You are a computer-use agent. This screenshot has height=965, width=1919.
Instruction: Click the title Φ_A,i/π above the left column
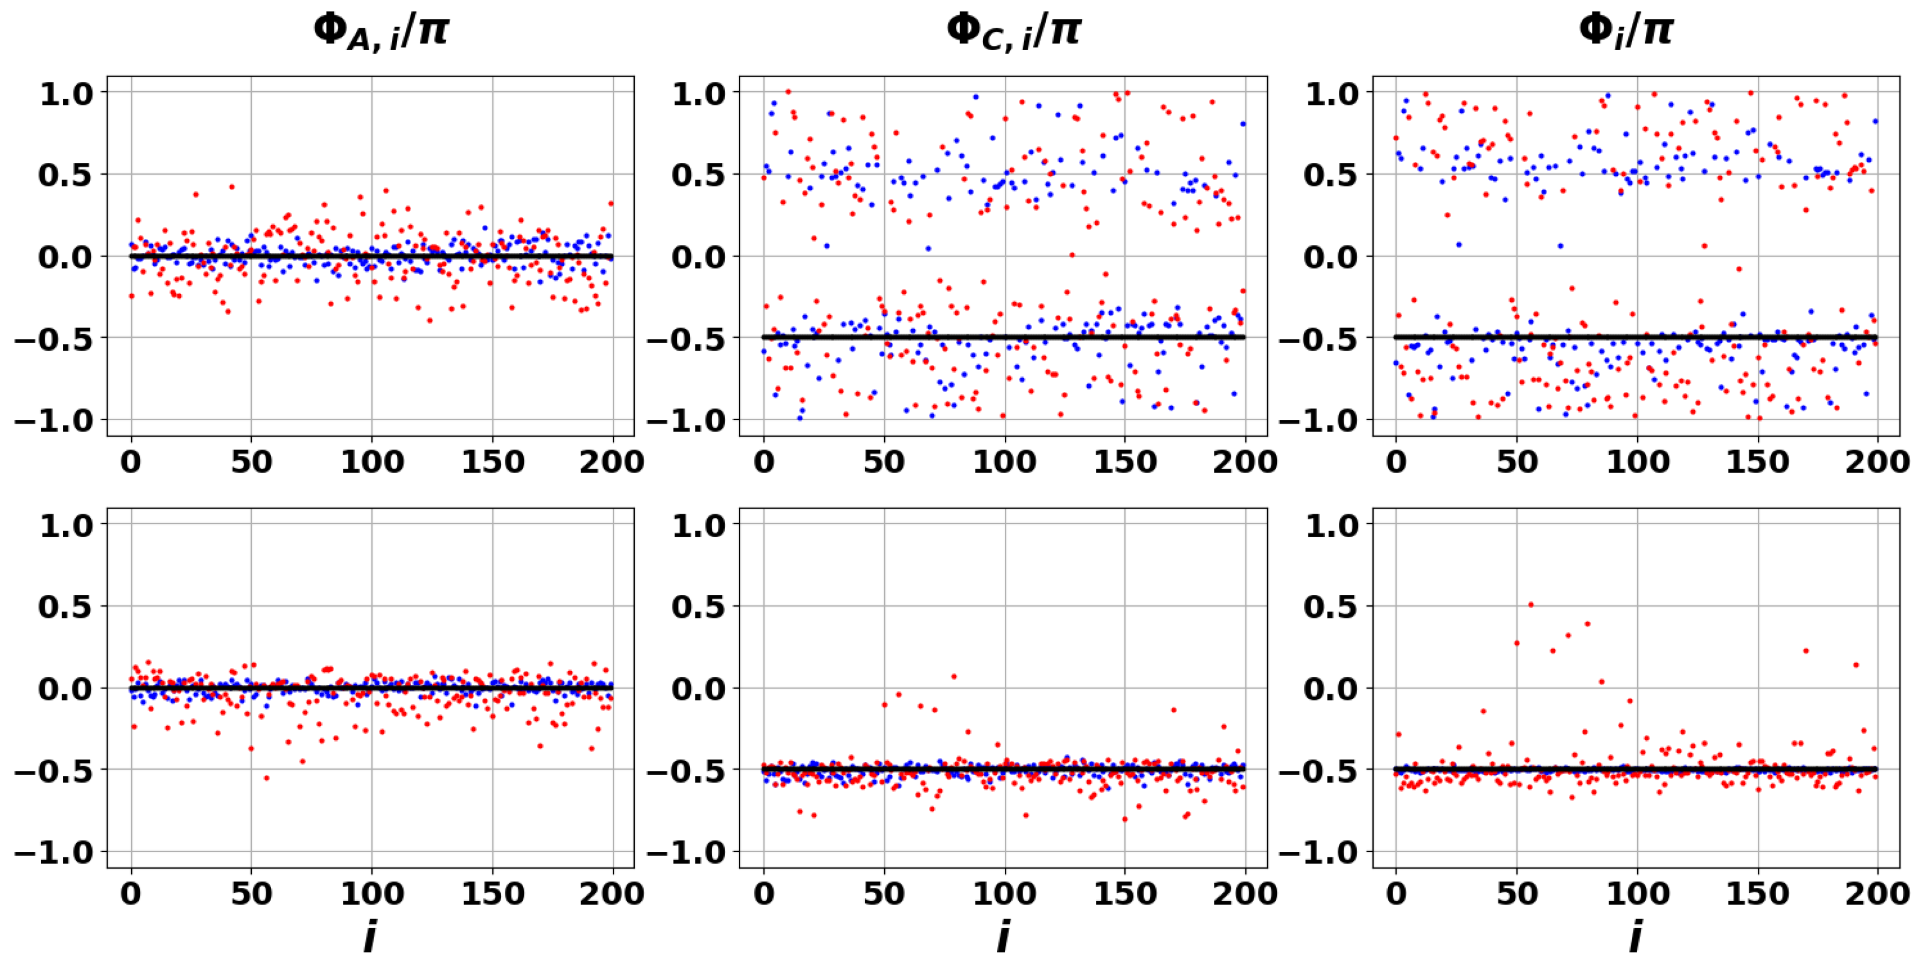click(x=381, y=31)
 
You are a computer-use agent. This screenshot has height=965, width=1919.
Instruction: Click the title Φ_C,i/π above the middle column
click(x=1013, y=31)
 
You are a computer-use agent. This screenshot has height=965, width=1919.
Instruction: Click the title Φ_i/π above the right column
click(x=1625, y=31)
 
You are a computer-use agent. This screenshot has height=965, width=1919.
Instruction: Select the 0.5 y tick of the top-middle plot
click(x=698, y=175)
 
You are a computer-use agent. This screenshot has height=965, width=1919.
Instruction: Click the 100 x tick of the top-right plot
click(x=1637, y=462)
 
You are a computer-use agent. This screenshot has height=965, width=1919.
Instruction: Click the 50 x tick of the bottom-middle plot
click(x=884, y=893)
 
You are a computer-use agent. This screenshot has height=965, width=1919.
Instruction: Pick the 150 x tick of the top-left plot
click(x=492, y=462)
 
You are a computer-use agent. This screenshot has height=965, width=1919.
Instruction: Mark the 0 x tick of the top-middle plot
click(x=764, y=462)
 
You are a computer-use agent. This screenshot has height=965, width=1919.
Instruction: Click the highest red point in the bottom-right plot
click(x=1530, y=604)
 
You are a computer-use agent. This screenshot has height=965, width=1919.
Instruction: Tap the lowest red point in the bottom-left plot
click(x=266, y=778)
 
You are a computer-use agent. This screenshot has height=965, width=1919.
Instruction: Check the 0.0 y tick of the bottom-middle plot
click(x=698, y=689)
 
